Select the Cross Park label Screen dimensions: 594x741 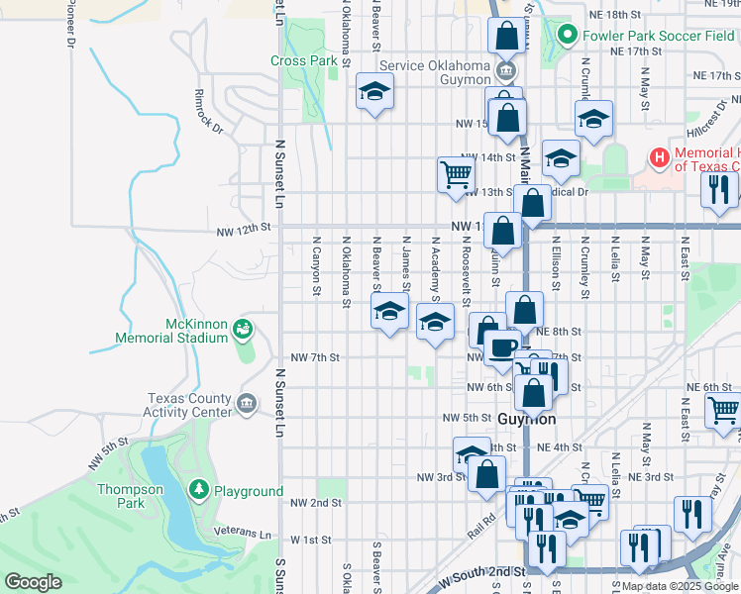tap(304, 59)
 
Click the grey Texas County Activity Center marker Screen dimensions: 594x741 tap(247, 403)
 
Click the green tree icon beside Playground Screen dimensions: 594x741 tap(200, 491)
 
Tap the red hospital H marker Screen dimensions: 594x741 tap(659, 157)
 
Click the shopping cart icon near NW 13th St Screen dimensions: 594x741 tap(456, 175)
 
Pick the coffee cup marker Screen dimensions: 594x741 tap(502, 348)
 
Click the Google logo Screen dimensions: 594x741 tap(33, 582)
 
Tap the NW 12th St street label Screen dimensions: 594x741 tap(245, 230)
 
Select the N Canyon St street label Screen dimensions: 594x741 tap(316, 265)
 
